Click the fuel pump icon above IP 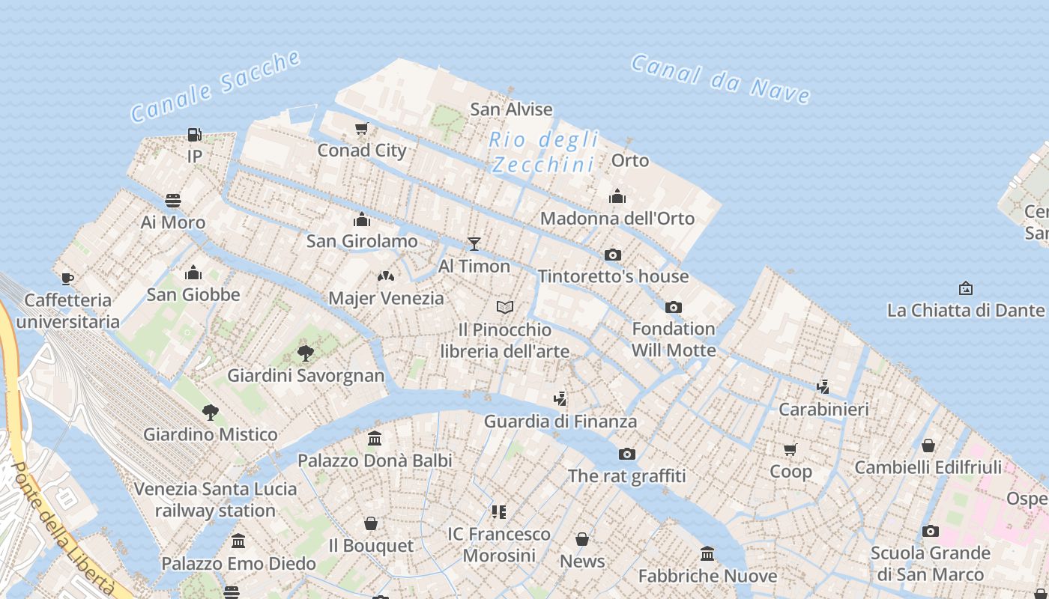pyautogui.click(x=194, y=135)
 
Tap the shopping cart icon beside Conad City pyautogui.click(x=362, y=129)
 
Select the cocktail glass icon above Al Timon pyautogui.click(x=474, y=244)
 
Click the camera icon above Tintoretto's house pyautogui.click(x=612, y=255)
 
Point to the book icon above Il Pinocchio pyautogui.click(x=505, y=308)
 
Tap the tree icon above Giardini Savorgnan pyautogui.click(x=305, y=353)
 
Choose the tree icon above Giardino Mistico pyautogui.click(x=211, y=412)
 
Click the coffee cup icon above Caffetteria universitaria pyautogui.click(x=67, y=279)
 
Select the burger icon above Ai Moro pyautogui.click(x=173, y=201)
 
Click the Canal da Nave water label pyautogui.click(x=720, y=78)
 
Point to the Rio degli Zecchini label pyautogui.click(x=544, y=152)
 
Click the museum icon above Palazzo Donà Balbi pyautogui.click(x=375, y=438)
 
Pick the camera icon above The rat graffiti pyautogui.click(x=626, y=454)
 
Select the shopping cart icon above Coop pyautogui.click(x=790, y=449)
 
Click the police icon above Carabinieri pyautogui.click(x=823, y=386)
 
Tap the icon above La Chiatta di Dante pyautogui.click(x=965, y=288)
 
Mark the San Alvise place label pyautogui.click(x=511, y=109)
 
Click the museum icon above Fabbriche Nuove pyautogui.click(x=707, y=554)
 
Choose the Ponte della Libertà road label pyautogui.click(x=64, y=529)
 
